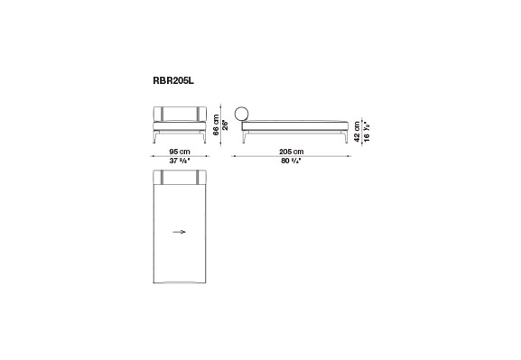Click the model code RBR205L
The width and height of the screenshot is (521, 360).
(173, 80)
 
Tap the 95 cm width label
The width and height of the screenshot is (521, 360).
(180, 152)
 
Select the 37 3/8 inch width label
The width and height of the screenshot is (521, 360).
(180, 161)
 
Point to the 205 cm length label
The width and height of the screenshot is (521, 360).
(292, 152)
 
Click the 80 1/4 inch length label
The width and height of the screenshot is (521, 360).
(291, 161)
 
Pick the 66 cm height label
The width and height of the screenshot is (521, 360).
(216, 125)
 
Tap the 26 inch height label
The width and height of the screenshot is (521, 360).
(225, 125)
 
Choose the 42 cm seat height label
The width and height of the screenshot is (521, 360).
(358, 132)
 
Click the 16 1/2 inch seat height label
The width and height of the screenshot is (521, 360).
(367, 132)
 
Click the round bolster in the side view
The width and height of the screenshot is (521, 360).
(242, 114)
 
